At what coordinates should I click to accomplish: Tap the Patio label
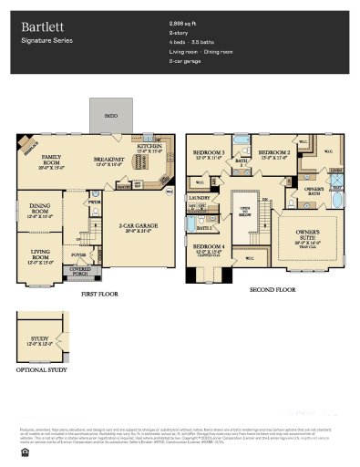110,117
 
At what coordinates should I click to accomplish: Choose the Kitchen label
149,146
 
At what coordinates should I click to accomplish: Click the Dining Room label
39,208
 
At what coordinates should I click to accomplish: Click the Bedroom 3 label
209,153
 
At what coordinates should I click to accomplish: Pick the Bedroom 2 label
273,153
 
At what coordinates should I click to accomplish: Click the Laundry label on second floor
200,196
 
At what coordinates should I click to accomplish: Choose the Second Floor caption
273,288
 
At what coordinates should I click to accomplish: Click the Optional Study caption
40,370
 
